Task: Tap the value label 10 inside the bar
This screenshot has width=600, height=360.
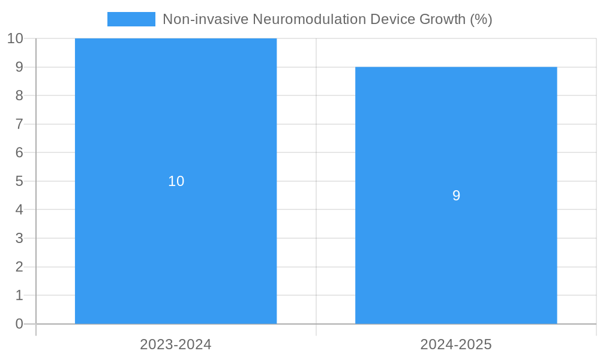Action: [176, 181]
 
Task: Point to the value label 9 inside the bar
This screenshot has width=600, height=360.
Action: [456, 196]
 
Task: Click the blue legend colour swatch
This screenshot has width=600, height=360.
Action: [131, 19]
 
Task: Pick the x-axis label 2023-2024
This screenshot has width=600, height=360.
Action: [176, 344]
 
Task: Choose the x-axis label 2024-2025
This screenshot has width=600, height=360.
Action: [456, 344]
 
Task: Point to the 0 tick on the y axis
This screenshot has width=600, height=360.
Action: [19, 324]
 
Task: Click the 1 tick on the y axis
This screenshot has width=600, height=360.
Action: [19, 295]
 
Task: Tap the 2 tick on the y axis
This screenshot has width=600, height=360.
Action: [19, 267]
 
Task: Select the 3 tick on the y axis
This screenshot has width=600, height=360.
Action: [19, 238]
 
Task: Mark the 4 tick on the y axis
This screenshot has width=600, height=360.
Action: [19, 210]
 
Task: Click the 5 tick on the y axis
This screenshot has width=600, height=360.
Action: [19, 181]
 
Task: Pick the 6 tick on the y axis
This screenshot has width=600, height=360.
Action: [19, 152]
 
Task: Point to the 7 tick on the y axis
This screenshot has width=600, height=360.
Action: [19, 124]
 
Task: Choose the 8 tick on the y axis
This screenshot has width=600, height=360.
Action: [19, 95]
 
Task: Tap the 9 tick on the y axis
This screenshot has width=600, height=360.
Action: [19, 67]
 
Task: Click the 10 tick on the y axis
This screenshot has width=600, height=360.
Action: [15, 38]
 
